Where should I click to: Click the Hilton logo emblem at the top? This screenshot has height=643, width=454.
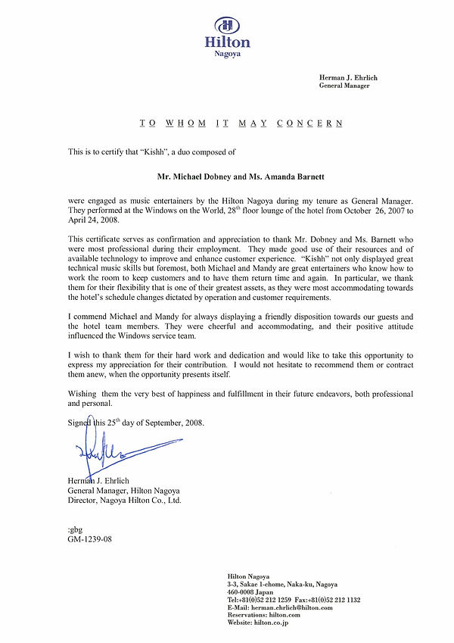pos(227,25)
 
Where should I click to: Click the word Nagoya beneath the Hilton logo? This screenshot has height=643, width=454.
pos(227,55)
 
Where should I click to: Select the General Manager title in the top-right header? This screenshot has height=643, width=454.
pos(344,86)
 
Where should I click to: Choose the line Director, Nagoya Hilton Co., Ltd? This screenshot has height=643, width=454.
pos(125,501)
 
